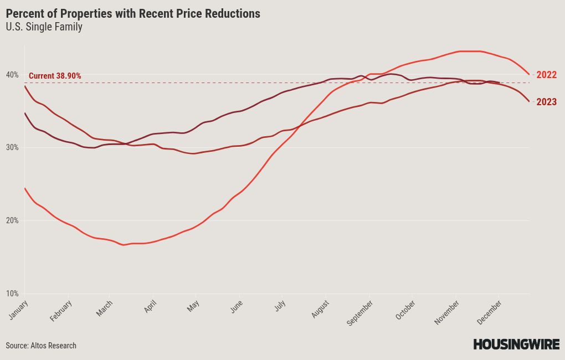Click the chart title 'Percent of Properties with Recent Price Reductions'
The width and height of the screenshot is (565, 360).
click(x=133, y=14)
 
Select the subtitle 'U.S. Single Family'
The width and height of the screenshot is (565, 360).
click(x=44, y=27)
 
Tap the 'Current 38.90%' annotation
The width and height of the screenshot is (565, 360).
click(x=55, y=76)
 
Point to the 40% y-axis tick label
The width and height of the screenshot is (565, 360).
click(x=12, y=75)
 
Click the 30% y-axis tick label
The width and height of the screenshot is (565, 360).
click(x=12, y=147)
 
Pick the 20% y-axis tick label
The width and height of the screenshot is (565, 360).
click(x=12, y=220)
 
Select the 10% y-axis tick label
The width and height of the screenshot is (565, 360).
click(x=12, y=294)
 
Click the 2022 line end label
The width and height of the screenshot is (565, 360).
click(x=547, y=75)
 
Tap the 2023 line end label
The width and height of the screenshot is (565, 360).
click(x=547, y=102)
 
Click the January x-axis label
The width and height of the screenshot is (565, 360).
click(x=18, y=310)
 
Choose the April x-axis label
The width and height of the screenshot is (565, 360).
click(x=150, y=306)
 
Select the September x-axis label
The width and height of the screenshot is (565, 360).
click(x=359, y=313)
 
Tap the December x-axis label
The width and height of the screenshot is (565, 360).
click(x=489, y=312)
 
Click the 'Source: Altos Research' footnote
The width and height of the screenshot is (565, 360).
click(x=41, y=346)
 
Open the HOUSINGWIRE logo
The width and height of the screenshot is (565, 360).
click(x=516, y=344)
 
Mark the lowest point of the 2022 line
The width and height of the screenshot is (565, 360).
click(x=124, y=245)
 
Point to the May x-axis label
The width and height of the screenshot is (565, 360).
click(x=193, y=306)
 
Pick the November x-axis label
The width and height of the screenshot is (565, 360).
click(x=446, y=312)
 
